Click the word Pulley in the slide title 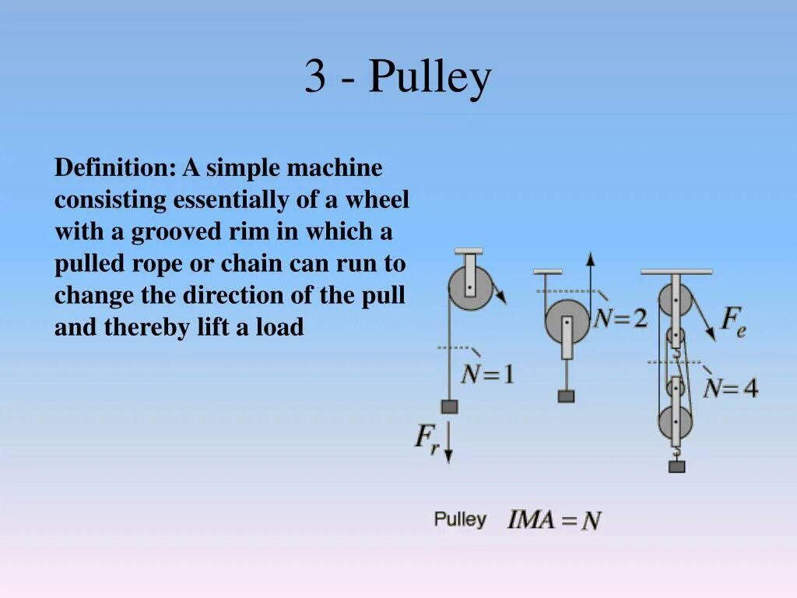430,78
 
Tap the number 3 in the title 314,78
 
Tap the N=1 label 487,375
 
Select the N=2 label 620,318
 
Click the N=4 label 730,388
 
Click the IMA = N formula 554,520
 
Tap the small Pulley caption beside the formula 460,519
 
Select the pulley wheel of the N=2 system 567,321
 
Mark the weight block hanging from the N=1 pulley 449,406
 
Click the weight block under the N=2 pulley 566,396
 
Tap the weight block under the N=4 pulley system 676,466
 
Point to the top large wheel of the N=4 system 675,300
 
